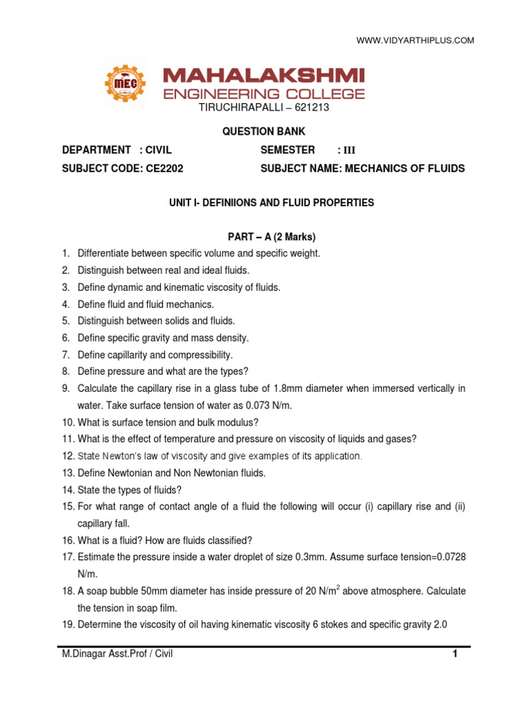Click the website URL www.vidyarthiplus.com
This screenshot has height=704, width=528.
pos(415,41)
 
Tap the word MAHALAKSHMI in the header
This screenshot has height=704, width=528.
pos(264,76)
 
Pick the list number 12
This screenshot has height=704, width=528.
pos(67,456)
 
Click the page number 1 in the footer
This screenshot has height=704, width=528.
pos(454,654)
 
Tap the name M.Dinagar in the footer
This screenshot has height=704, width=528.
pos(85,654)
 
